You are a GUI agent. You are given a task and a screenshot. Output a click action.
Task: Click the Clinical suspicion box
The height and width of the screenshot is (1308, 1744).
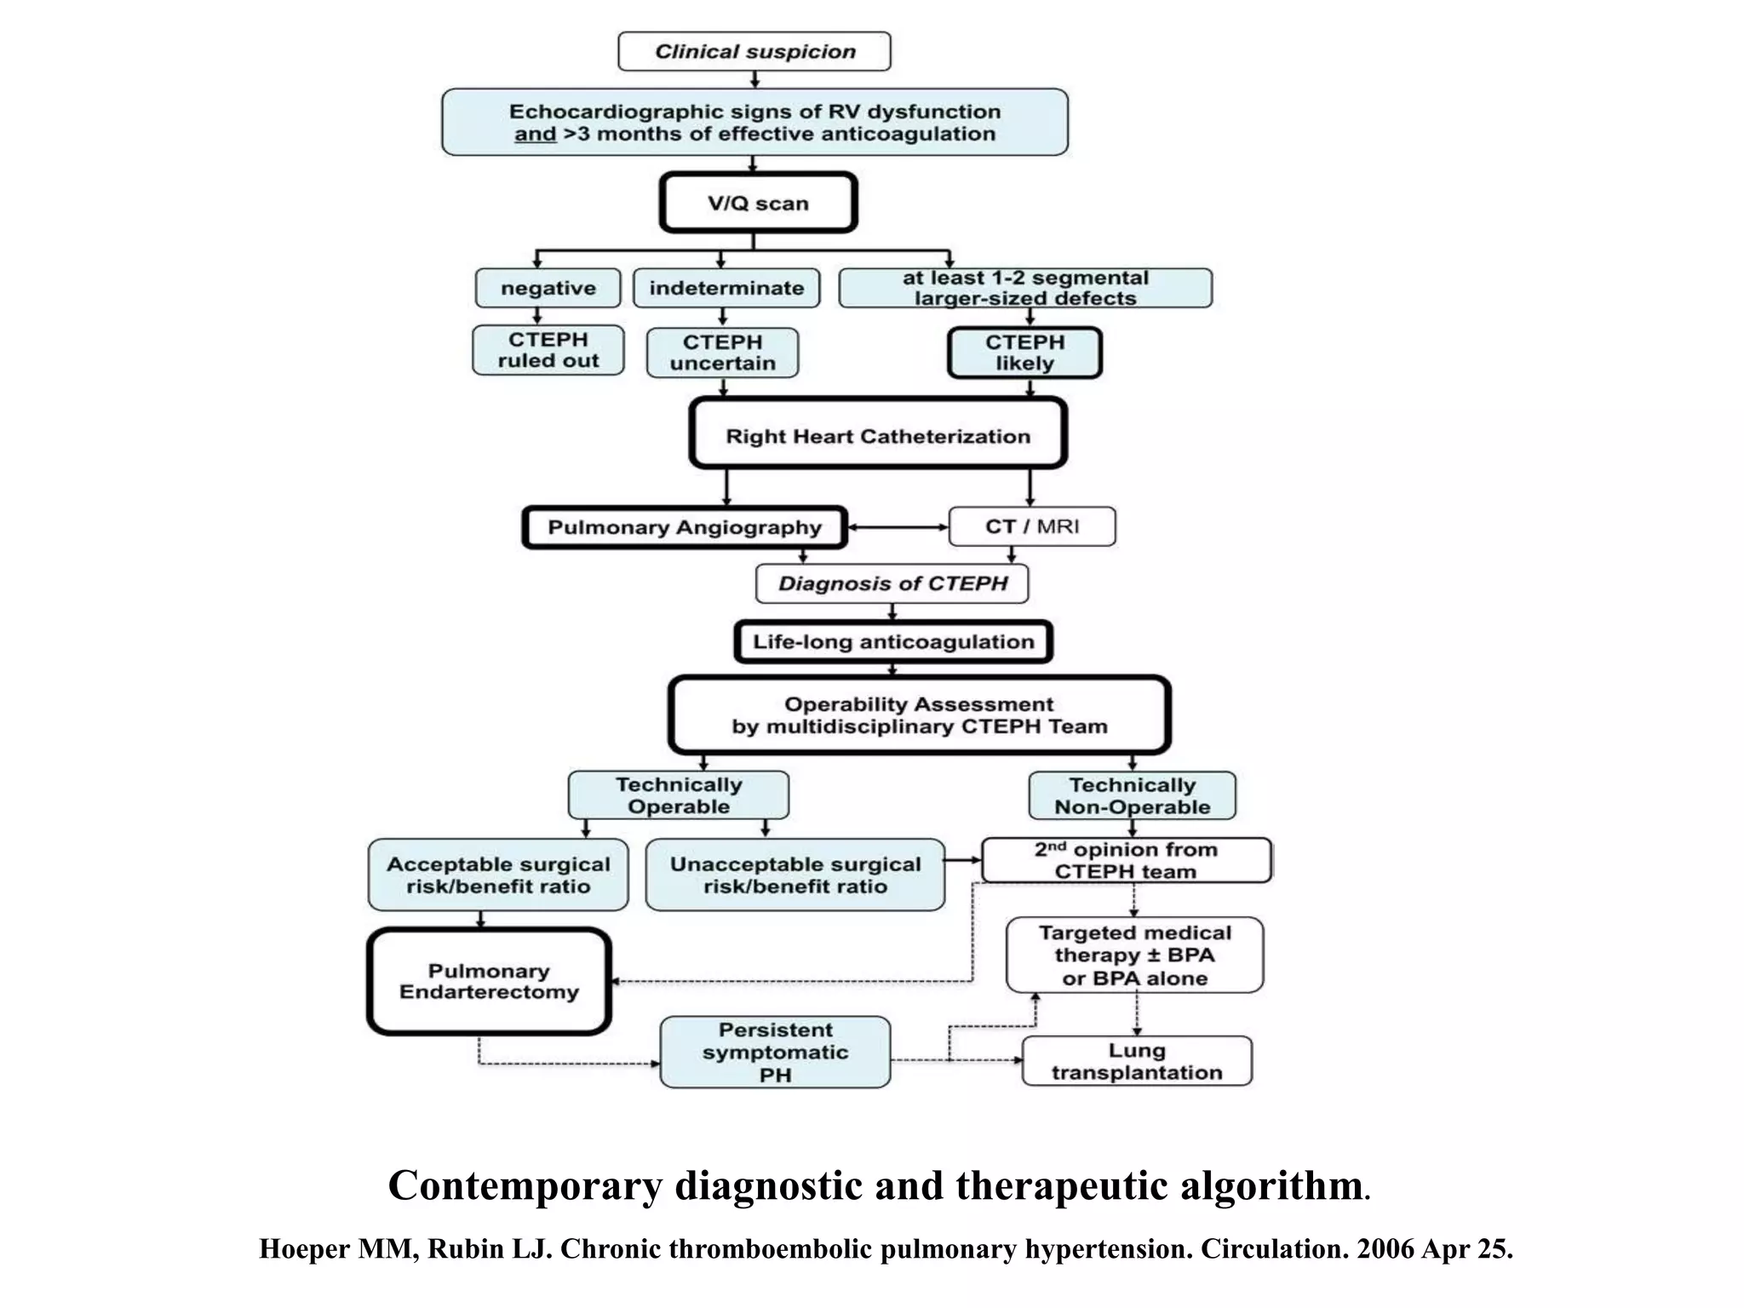coord(754,52)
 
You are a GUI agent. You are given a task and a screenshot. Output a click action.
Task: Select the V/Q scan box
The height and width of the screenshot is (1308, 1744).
coord(758,204)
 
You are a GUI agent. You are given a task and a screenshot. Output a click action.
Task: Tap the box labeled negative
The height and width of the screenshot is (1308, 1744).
coord(548,288)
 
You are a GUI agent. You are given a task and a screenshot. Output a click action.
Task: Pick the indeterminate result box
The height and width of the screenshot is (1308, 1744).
coord(726,288)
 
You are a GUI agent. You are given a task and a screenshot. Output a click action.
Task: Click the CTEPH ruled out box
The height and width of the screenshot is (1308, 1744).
coord(548,350)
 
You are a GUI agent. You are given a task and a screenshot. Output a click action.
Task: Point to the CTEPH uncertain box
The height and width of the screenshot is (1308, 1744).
coord(722,353)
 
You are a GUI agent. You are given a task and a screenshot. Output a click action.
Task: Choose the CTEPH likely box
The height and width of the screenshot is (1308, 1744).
coord(1024,353)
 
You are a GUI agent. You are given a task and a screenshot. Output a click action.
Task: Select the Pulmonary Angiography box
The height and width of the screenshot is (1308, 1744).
coord(685,527)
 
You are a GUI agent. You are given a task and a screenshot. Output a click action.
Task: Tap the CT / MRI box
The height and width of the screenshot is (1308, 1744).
coord(1031,526)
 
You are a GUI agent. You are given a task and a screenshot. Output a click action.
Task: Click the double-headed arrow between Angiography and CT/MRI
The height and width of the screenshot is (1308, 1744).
coord(898,527)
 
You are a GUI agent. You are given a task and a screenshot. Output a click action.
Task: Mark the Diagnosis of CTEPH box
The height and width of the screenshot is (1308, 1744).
coord(892,584)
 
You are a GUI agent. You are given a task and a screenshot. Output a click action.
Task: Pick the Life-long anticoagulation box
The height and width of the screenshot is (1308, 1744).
coord(893,642)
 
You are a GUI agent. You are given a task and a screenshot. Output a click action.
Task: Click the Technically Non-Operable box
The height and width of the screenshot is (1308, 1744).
coord(1132,795)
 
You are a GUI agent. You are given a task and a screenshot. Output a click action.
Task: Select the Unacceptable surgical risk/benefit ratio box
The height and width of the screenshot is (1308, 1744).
coord(795,875)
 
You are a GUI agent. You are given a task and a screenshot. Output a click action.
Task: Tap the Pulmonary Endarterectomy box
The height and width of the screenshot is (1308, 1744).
coord(489,981)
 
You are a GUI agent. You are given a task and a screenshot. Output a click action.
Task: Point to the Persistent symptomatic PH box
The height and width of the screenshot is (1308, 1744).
coord(775,1052)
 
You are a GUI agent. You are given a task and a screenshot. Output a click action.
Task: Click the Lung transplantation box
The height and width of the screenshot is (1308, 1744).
coord(1136,1061)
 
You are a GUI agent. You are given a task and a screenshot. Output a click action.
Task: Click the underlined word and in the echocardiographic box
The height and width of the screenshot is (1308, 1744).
coord(535,135)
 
